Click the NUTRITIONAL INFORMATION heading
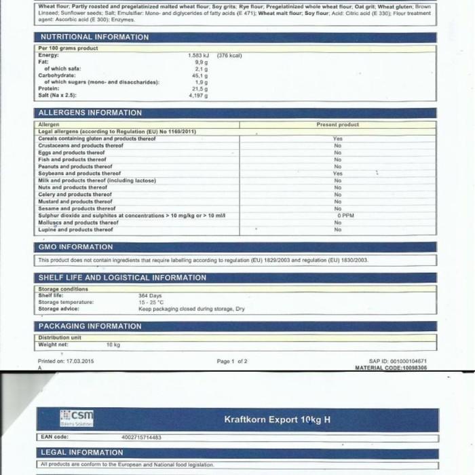point(94,37)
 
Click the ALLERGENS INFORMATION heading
point(90,113)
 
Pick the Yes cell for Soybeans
point(338,174)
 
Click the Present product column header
point(338,125)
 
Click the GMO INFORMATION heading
point(75,247)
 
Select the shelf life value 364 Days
point(151,295)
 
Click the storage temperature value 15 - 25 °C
point(152,302)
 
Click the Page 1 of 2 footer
point(232,361)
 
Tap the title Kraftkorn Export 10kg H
point(277,419)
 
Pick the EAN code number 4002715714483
point(142,438)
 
